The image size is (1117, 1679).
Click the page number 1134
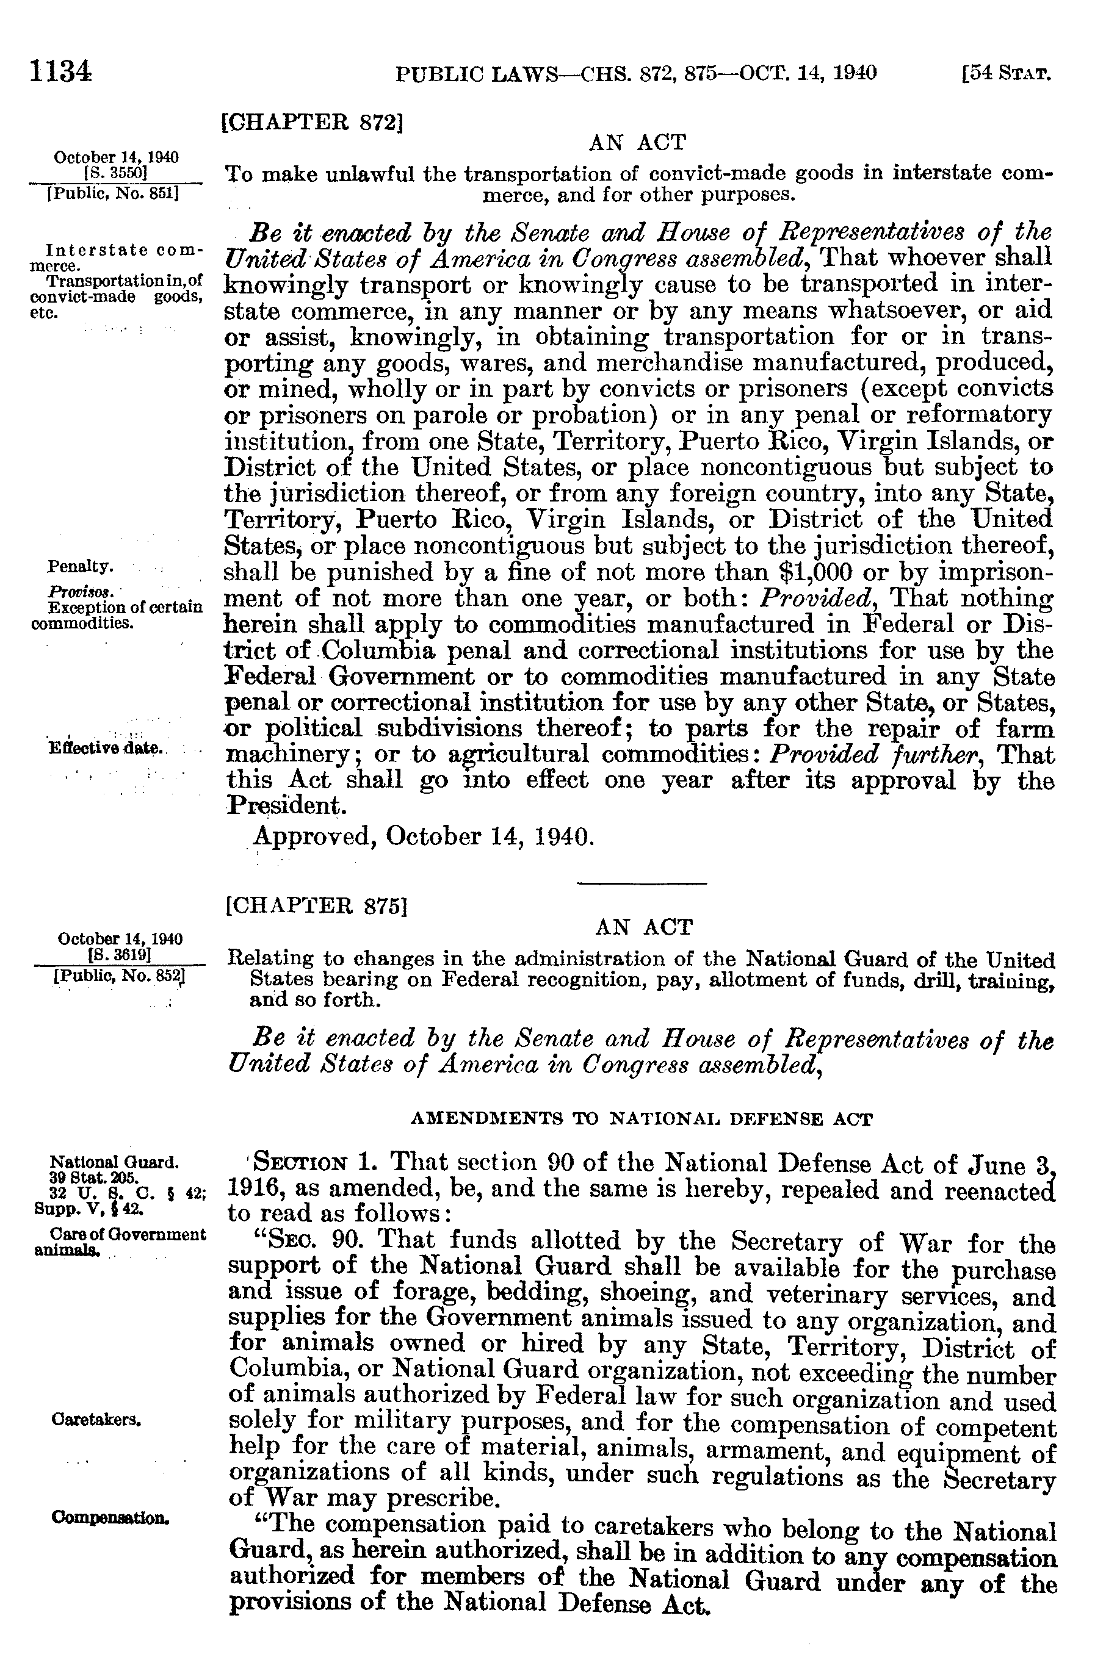tap(60, 73)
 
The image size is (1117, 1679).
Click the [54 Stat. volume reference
tap(1006, 73)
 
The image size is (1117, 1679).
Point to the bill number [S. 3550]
tap(115, 171)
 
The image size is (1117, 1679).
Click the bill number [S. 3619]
tap(118, 954)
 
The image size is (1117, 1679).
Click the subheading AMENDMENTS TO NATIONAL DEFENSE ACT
tap(641, 1120)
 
